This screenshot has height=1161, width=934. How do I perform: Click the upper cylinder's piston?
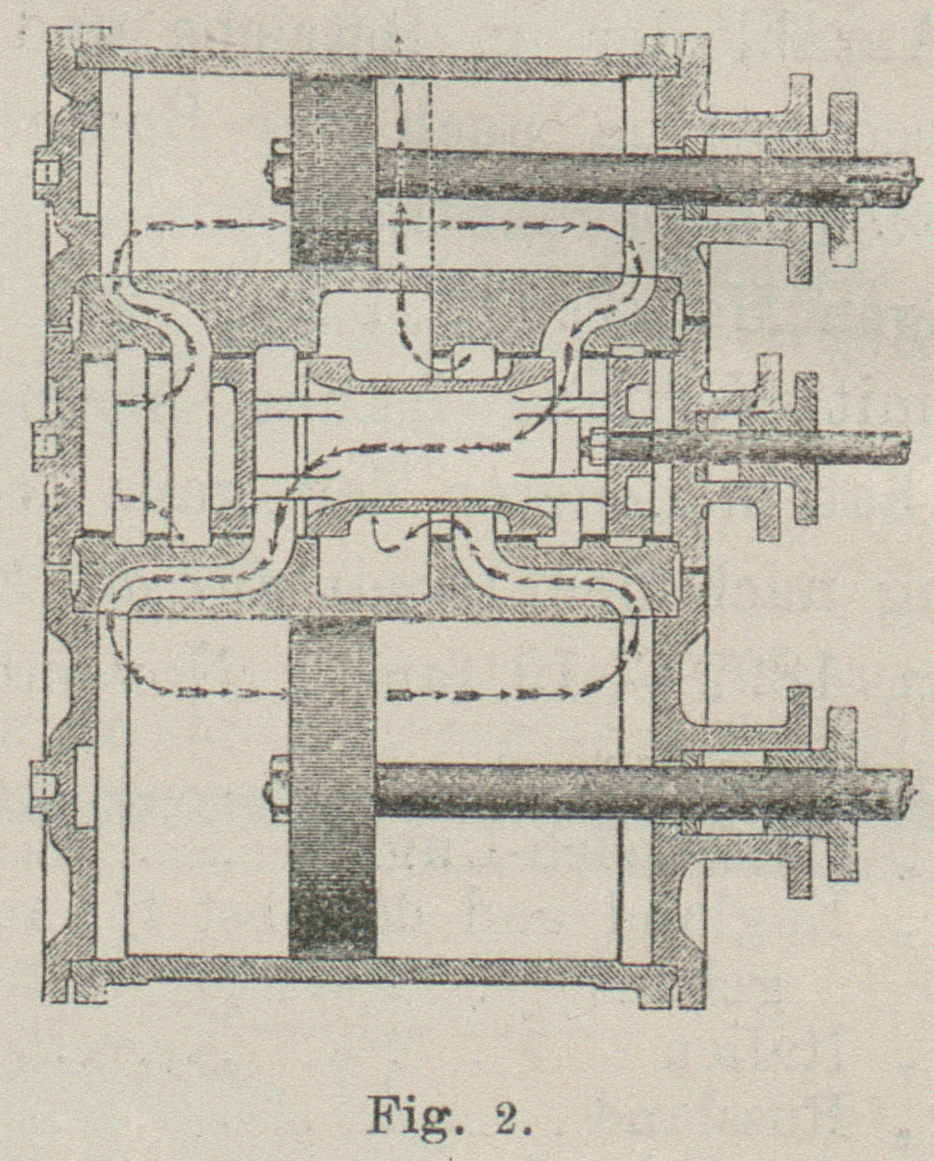[x=333, y=172]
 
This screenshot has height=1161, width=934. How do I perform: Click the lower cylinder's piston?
[x=333, y=788]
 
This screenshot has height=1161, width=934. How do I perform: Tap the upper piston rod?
[x=639, y=176]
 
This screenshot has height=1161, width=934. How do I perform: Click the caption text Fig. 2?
[x=449, y=1115]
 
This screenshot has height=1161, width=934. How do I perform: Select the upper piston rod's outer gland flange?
[x=841, y=176]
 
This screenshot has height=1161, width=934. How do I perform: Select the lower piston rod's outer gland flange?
[x=841, y=793]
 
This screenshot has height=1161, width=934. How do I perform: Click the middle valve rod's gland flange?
[x=803, y=448]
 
